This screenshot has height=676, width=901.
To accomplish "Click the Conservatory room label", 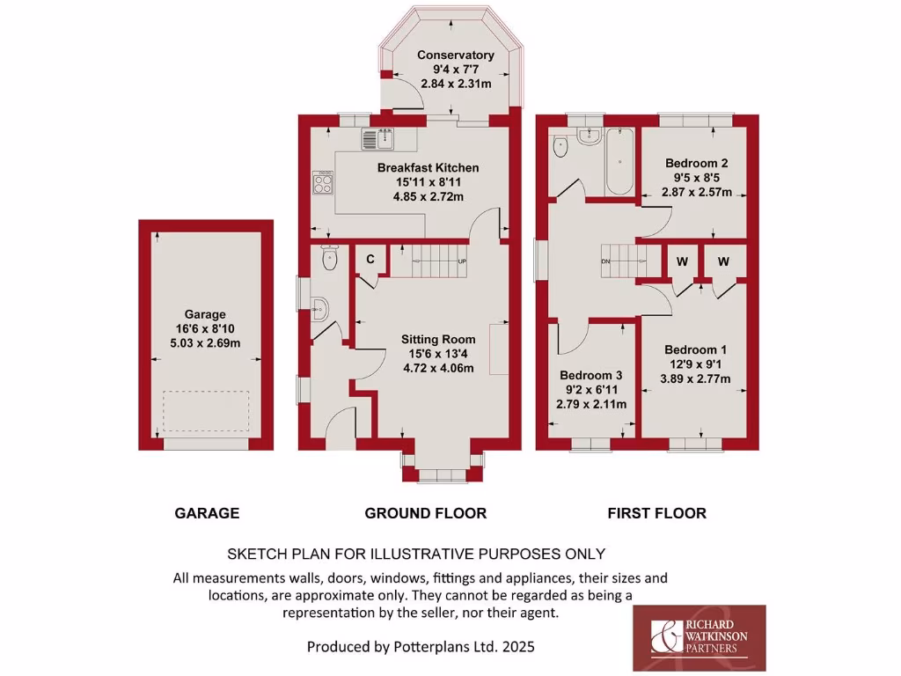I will coord(455,55).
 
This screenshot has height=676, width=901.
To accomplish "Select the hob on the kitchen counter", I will coord(323,183).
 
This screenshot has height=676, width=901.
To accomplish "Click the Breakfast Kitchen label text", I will coord(428,167).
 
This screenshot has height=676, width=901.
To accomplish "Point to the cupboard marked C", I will coord(370,259).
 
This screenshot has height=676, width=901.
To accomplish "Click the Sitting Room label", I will coord(438,339).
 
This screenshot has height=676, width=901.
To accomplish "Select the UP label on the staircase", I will coord(461,261).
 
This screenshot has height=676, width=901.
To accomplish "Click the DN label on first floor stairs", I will coord(606,261).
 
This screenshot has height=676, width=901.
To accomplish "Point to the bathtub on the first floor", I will coord(620,163).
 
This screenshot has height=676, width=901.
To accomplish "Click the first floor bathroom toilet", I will coord(560,149).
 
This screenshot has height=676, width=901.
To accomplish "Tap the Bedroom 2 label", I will coord(696,163).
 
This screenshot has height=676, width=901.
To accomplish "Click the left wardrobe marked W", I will coord(681,261).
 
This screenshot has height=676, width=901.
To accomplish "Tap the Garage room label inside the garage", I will coord(205,314).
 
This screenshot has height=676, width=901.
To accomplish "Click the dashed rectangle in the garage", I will coord(206,411).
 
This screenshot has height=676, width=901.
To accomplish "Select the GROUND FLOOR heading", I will coord(425,513).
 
